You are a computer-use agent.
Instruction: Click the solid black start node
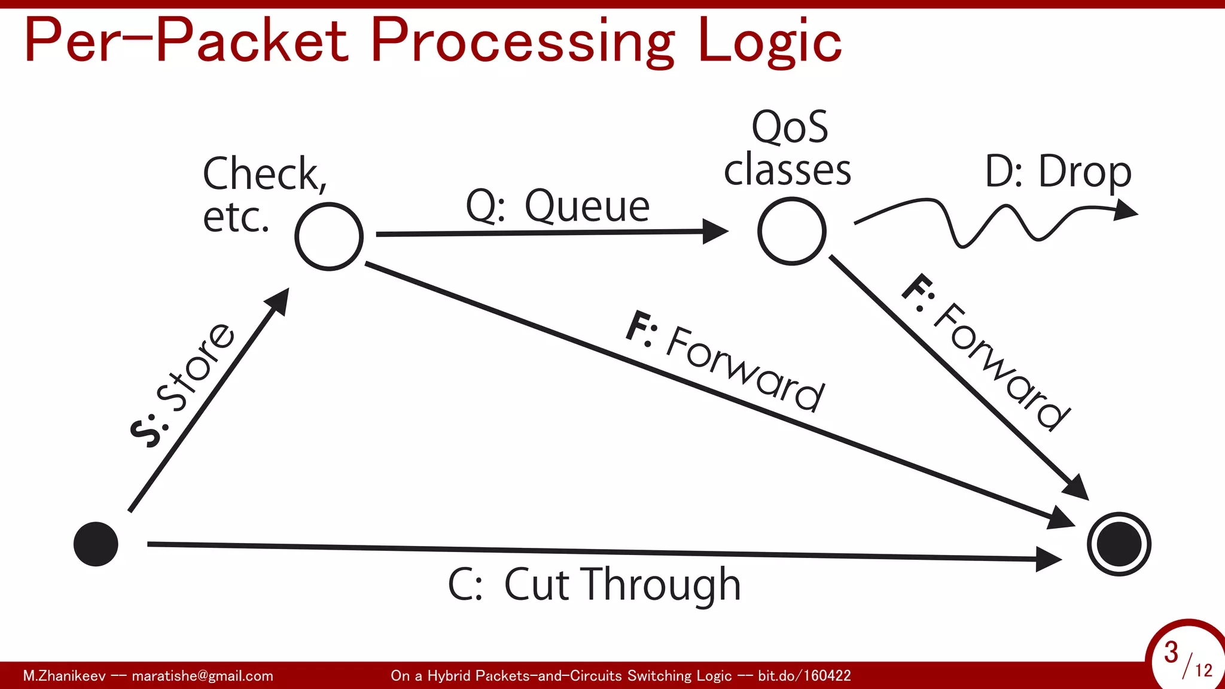point(96,544)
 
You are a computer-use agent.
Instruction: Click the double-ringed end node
point(1119,544)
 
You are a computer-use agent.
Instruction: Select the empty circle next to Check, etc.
point(329,237)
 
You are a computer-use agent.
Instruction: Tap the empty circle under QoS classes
point(791,231)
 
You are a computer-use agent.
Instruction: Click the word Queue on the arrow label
point(587,206)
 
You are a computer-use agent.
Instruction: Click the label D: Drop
point(1058,172)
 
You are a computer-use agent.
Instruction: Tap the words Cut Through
point(622,584)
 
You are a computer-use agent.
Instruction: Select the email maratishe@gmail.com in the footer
point(202,676)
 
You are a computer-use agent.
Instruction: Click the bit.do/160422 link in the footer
point(804,676)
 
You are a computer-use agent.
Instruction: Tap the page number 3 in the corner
point(1171,653)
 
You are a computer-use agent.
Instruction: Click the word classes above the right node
point(787,170)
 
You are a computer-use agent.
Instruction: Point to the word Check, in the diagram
point(265,173)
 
